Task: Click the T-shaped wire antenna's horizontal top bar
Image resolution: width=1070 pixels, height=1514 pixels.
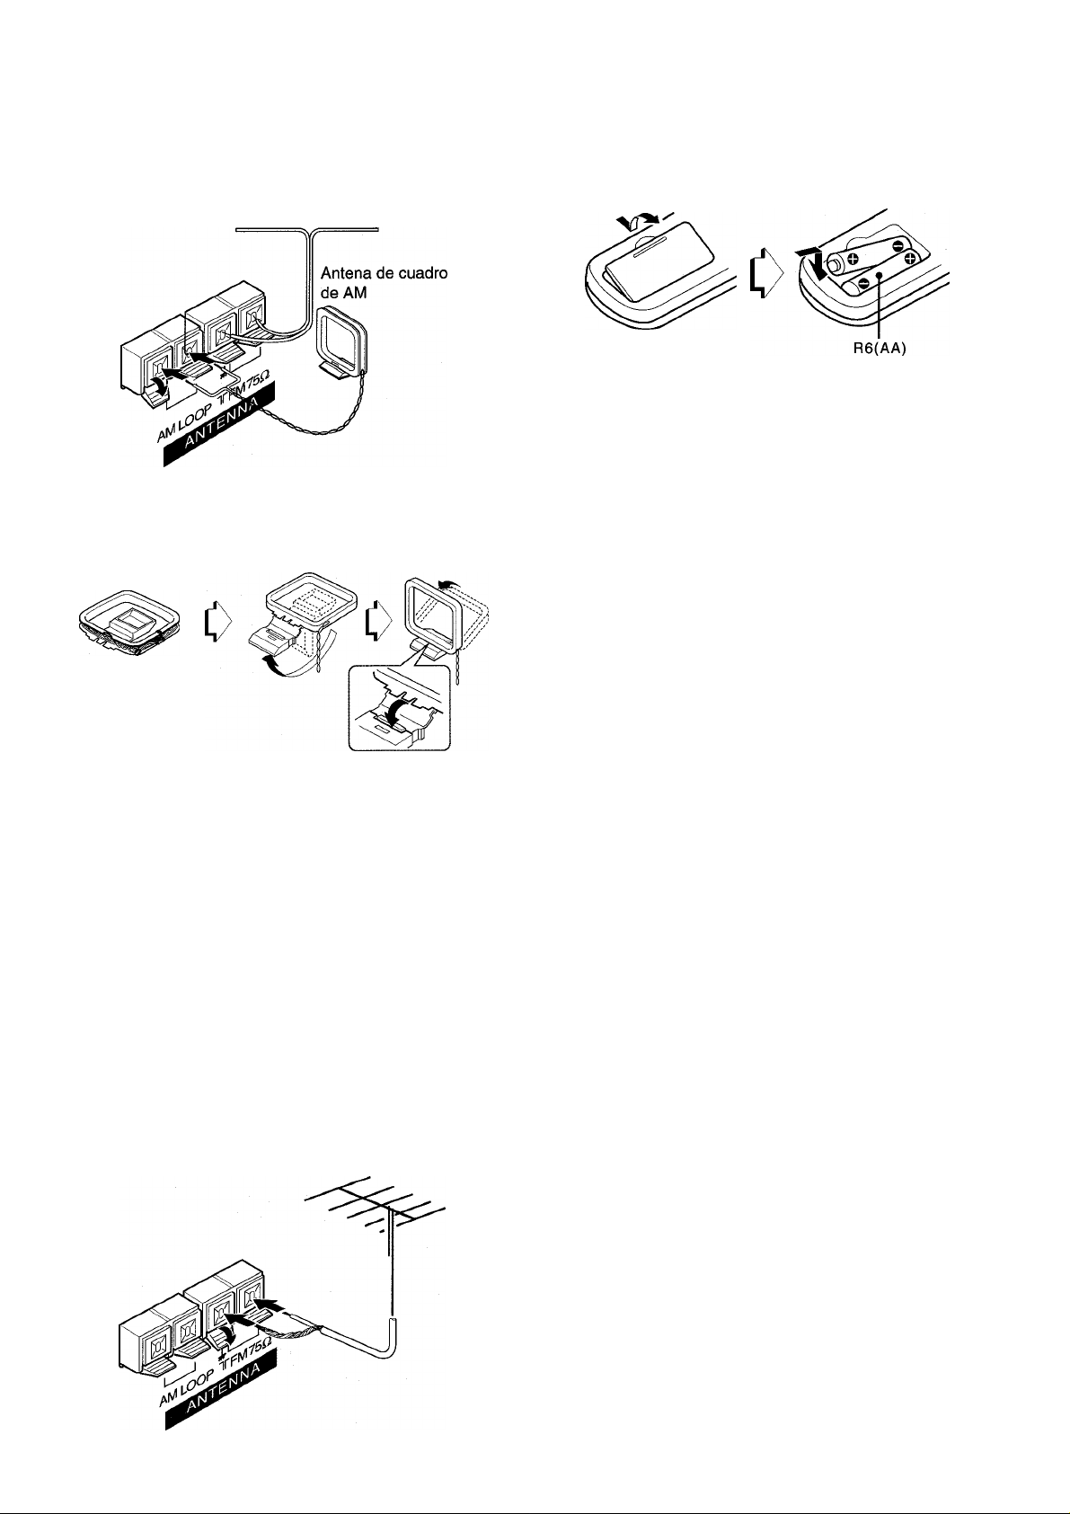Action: pyautogui.click(x=311, y=231)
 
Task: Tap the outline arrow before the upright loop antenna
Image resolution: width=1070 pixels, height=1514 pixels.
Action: pyautogui.click(x=377, y=618)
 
